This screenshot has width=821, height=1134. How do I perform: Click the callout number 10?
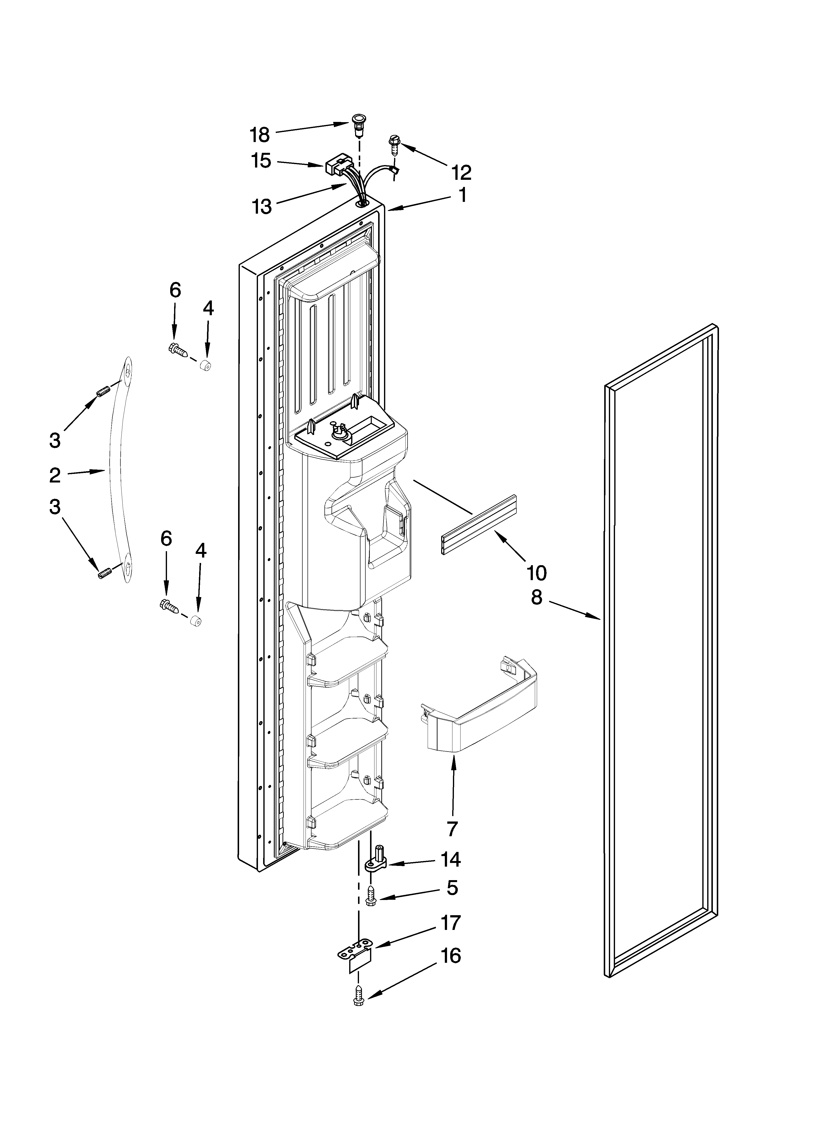[536, 573]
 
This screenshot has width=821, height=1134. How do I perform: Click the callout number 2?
[55, 475]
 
